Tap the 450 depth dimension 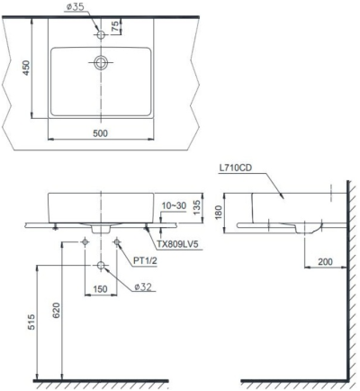pyautogui.click(x=26, y=69)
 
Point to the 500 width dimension pyautogui.click(x=99, y=133)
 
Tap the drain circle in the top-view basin pyautogui.click(x=101, y=63)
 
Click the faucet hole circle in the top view pyautogui.click(x=101, y=34)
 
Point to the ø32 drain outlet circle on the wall pyautogui.click(x=101, y=265)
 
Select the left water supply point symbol pyautogui.click(x=85, y=241)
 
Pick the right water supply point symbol pyautogui.click(x=117, y=241)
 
